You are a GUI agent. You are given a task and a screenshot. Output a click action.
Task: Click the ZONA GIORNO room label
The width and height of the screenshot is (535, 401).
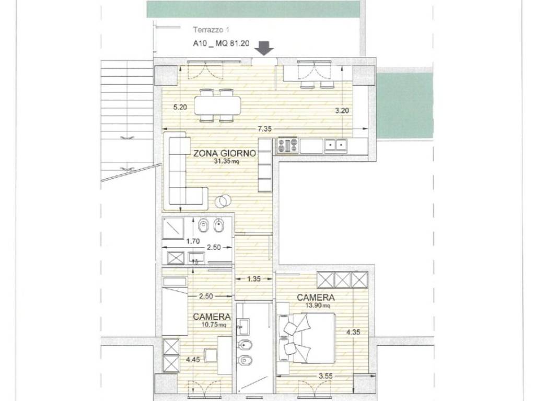225,154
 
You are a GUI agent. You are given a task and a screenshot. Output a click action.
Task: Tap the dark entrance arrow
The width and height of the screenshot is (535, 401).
265,48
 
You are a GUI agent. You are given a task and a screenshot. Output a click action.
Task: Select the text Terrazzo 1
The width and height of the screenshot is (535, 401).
211,30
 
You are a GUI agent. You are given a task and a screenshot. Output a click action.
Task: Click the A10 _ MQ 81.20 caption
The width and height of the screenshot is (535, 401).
221,43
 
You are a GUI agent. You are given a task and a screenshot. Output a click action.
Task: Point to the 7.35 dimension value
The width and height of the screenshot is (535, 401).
265,128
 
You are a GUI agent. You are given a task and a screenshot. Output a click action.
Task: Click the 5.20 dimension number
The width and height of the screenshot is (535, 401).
180,107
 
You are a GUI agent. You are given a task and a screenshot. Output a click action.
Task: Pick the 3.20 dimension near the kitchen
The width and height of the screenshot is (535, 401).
342,111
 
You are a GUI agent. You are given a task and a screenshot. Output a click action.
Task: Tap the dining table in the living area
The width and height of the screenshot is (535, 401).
217,105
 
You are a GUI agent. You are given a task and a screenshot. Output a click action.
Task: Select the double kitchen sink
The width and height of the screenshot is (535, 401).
336,146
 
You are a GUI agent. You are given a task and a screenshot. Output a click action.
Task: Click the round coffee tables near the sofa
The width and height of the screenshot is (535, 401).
223,201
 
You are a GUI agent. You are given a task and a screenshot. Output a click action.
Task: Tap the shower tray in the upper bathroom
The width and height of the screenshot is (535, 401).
173,228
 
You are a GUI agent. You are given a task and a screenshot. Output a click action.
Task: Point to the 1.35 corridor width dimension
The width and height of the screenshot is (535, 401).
254,279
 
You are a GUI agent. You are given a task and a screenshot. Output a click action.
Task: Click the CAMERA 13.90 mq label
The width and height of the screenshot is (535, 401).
316,300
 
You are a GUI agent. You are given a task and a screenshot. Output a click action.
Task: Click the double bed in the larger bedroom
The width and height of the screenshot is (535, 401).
306,338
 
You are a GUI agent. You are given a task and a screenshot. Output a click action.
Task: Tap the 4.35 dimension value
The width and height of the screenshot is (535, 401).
353,332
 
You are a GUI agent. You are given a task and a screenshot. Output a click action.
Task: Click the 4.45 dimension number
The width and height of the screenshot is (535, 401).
193,359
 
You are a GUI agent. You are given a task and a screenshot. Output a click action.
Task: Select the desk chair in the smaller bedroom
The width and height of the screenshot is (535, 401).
211,356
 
